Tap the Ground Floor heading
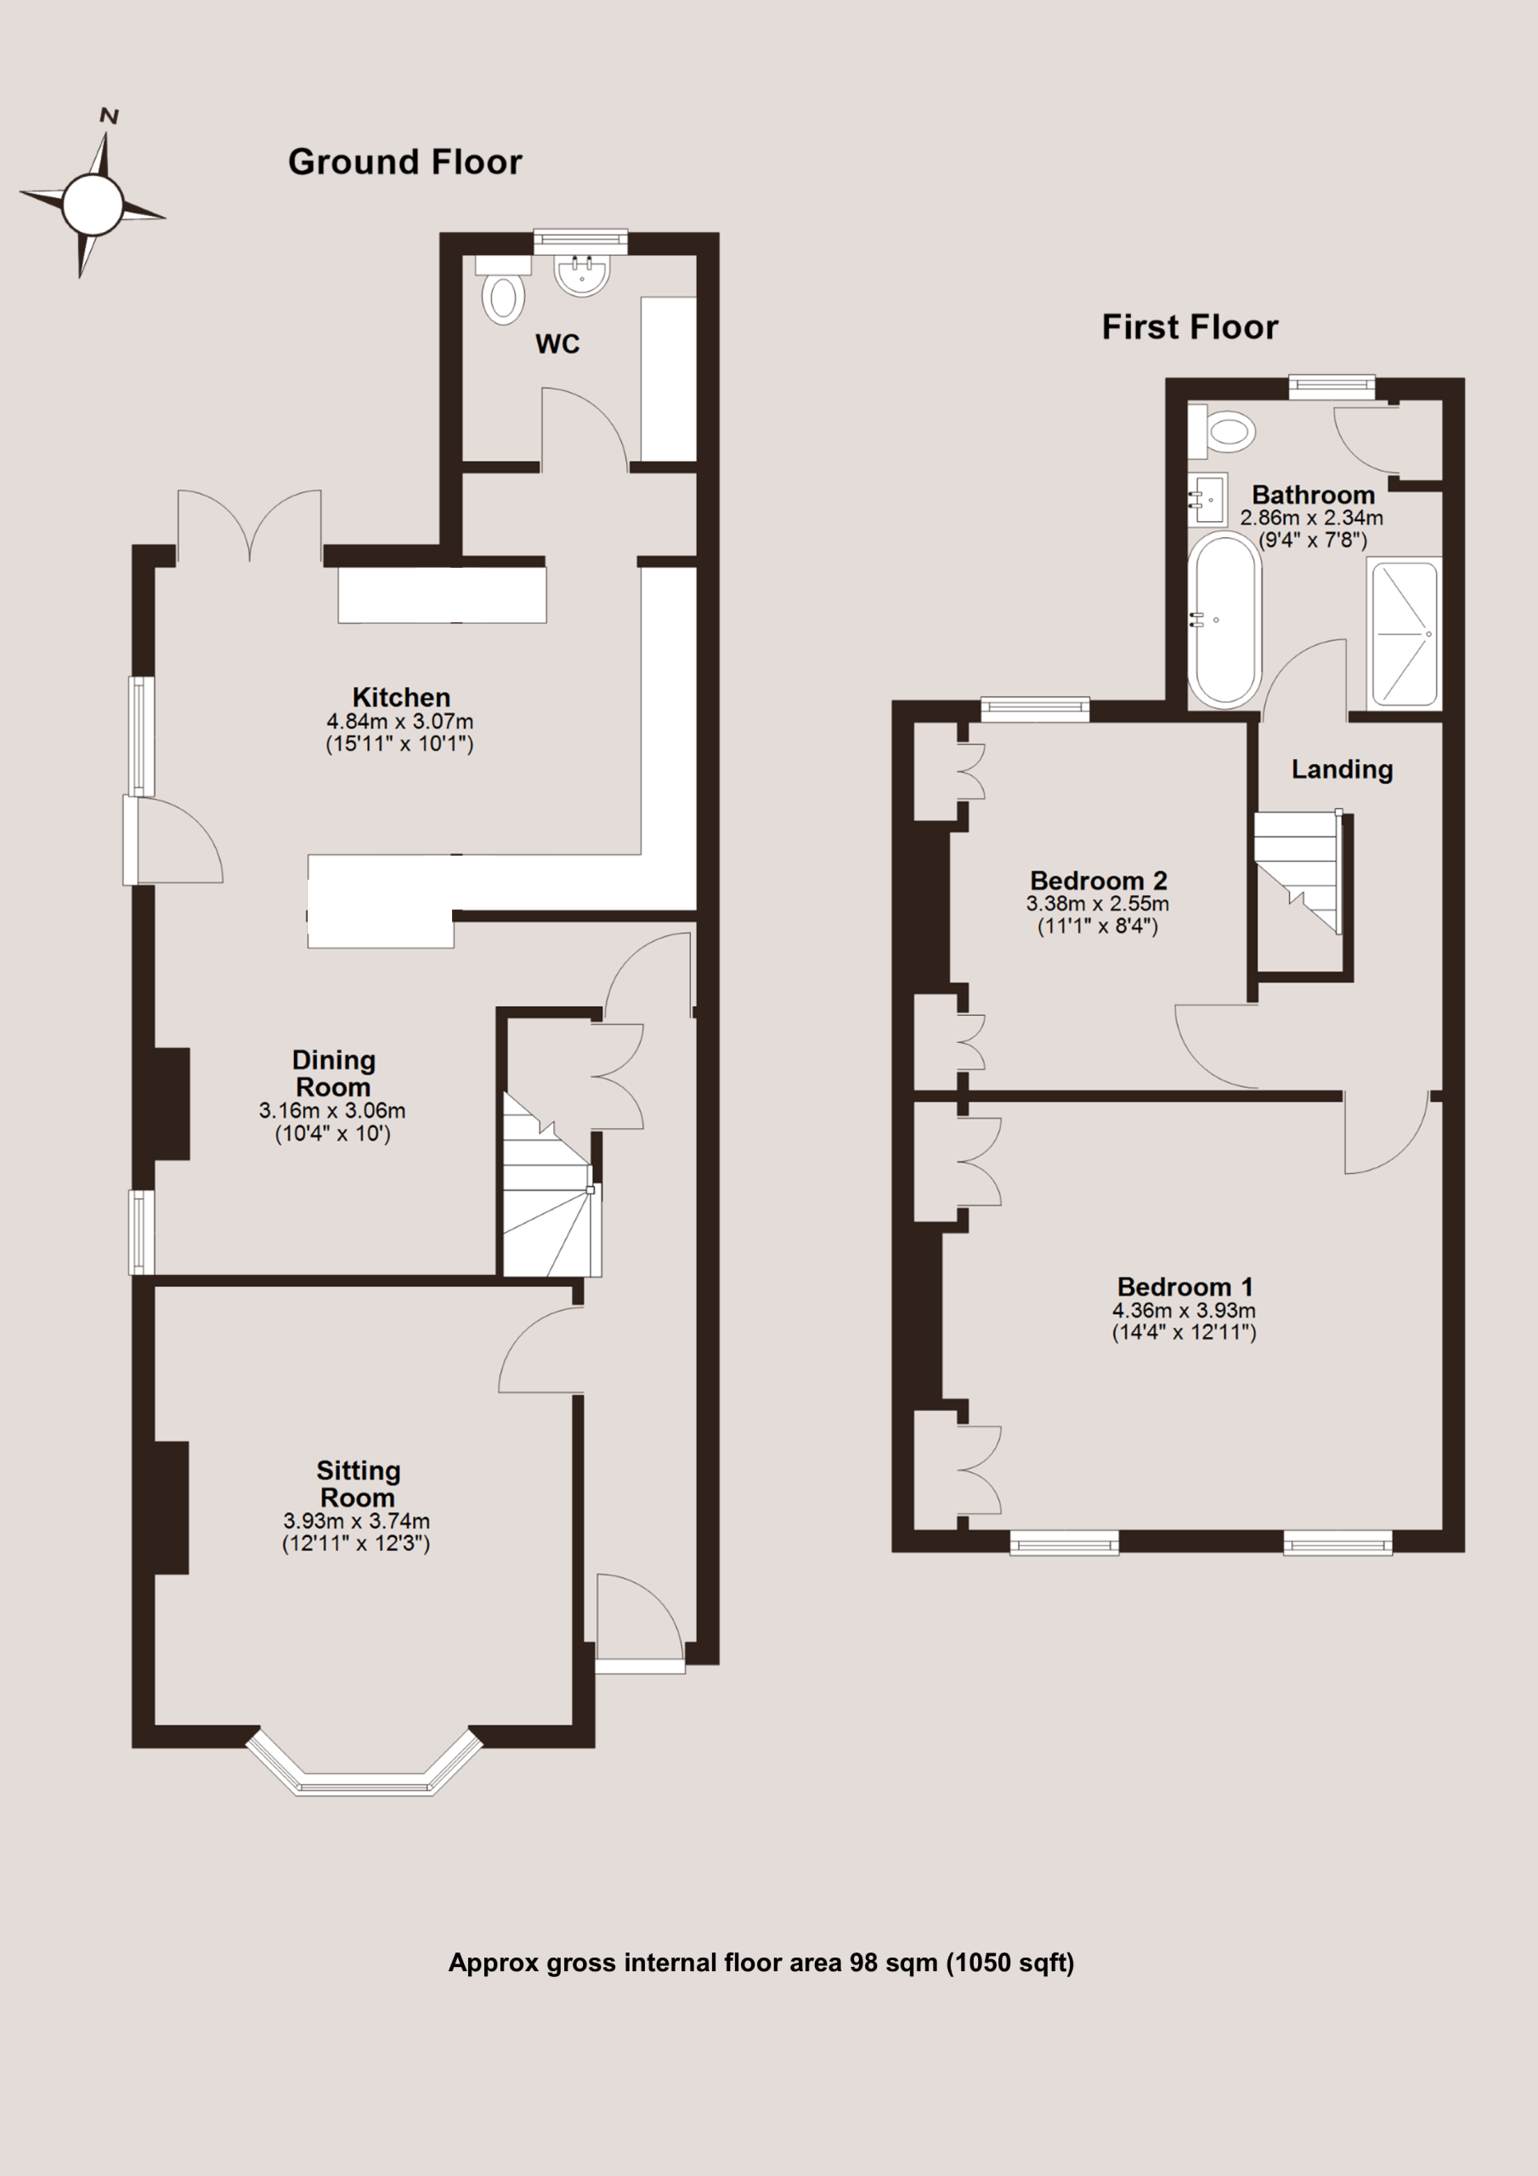click(x=404, y=162)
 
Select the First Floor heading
click(x=1190, y=327)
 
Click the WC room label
click(x=557, y=344)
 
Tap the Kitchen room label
click(x=401, y=698)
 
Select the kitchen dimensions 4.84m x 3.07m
click(x=400, y=722)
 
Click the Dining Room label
click(x=334, y=1073)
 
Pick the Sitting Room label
click(x=359, y=1483)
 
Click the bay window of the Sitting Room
click(x=364, y=1765)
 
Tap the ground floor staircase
click(x=551, y=1185)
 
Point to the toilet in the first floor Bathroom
click(x=1222, y=430)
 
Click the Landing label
click(x=1342, y=769)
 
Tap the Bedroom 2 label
click(x=1099, y=881)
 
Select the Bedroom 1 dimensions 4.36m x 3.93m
click(x=1184, y=1310)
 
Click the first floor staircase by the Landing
click(x=1298, y=872)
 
